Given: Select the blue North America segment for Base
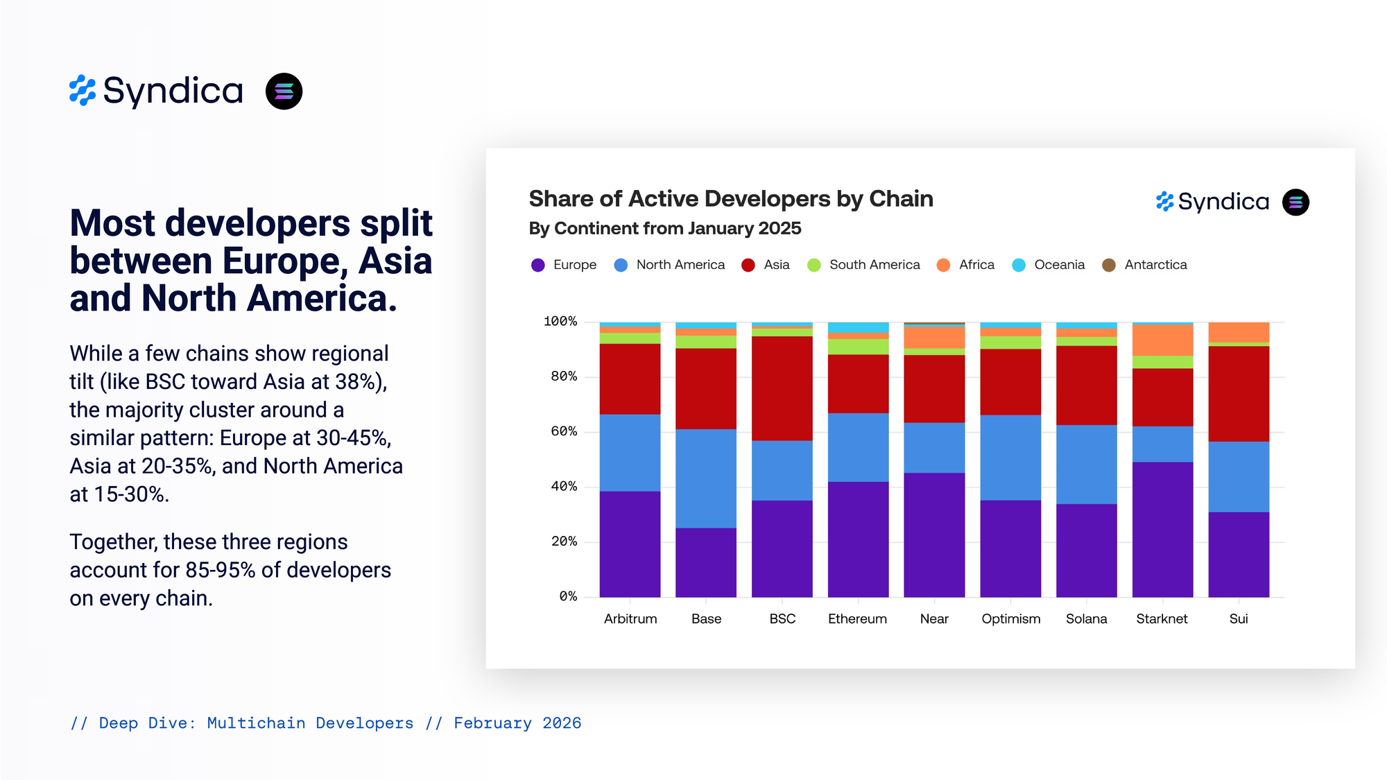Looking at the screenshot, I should coord(706,478).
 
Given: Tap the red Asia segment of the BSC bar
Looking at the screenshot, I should coord(782,388).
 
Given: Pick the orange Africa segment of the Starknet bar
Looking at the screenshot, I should coord(1162,340).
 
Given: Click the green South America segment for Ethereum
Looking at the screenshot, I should coord(858,347).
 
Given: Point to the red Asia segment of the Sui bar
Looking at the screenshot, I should coord(1239,393).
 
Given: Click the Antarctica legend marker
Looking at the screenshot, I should coord(1109,265).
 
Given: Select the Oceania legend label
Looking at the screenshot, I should coord(1059,265).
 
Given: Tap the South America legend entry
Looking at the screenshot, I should coord(874,265).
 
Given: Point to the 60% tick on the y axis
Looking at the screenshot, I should coord(564,431).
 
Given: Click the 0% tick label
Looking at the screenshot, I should coord(568,596).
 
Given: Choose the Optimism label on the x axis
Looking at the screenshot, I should coord(1010,618).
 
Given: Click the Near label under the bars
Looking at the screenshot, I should coord(934,618).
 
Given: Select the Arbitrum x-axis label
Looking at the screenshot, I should coord(630,618).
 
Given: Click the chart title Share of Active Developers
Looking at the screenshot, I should coord(731,199).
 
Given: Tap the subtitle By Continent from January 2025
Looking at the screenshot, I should coord(665,228).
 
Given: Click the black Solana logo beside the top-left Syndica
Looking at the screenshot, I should coord(284,92).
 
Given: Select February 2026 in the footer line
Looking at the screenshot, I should coord(517,723).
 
